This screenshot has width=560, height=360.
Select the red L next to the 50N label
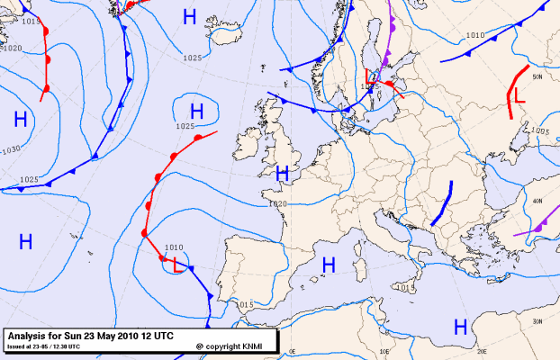(519, 94)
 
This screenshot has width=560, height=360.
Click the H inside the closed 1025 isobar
(196, 111)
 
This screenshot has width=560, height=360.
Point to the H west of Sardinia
(329, 264)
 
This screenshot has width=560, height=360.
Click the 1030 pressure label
(12, 149)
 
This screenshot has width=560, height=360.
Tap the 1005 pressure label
(539, 131)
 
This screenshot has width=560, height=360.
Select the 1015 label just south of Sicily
(407, 287)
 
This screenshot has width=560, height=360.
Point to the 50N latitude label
(537, 77)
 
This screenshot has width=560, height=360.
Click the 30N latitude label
(536, 321)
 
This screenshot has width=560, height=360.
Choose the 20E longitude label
(482, 353)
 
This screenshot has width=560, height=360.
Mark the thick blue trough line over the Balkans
(441, 204)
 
